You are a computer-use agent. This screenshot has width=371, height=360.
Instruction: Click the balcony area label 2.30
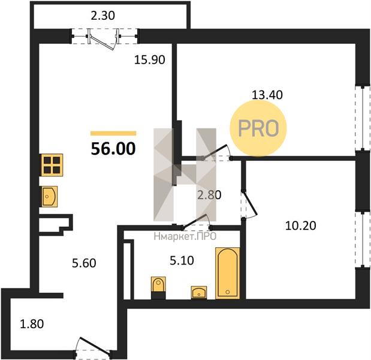pos(103,16)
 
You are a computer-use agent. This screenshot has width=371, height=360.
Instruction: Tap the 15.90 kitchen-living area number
pos(149,59)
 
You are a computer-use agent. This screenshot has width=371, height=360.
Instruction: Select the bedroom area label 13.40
pos(267,95)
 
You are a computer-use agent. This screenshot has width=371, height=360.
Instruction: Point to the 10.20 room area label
pos(301,226)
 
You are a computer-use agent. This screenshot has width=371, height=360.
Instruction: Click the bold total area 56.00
pos(113,149)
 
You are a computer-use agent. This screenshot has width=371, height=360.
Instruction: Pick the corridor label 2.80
pos(209,195)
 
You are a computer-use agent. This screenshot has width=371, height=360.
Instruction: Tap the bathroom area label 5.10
pos(182,260)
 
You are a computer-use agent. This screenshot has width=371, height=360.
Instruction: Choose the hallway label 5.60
pos(84,263)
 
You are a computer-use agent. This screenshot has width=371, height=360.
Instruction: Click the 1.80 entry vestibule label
pos(32,324)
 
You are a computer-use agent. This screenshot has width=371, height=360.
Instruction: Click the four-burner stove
pos(52,165)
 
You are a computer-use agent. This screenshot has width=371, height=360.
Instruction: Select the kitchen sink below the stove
pos(50,196)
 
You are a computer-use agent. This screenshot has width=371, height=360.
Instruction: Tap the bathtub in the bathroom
pos(227,273)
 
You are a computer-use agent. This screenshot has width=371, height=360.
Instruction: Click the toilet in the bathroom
pos(158,287)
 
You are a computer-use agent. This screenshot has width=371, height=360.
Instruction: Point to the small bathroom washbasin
pos(199,293)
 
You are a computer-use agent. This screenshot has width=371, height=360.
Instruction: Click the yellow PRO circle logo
pos(258,128)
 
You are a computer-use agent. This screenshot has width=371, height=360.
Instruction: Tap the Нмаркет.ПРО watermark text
pos(185,236)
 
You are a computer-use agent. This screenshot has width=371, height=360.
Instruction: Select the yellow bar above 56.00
pos(113,133)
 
